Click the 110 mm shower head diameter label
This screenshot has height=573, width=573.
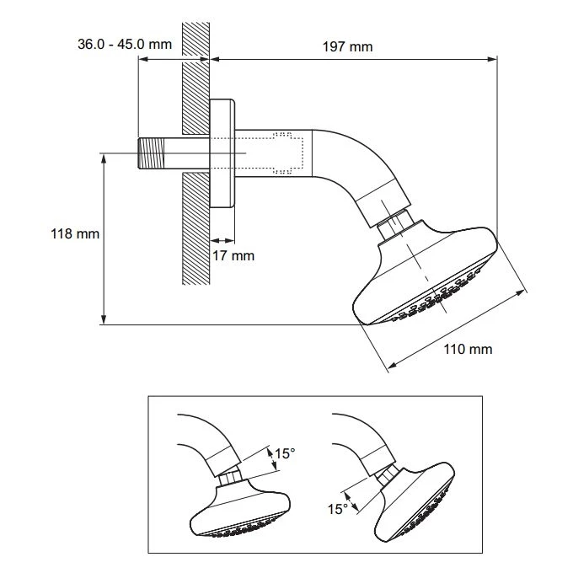pos(467,349)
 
